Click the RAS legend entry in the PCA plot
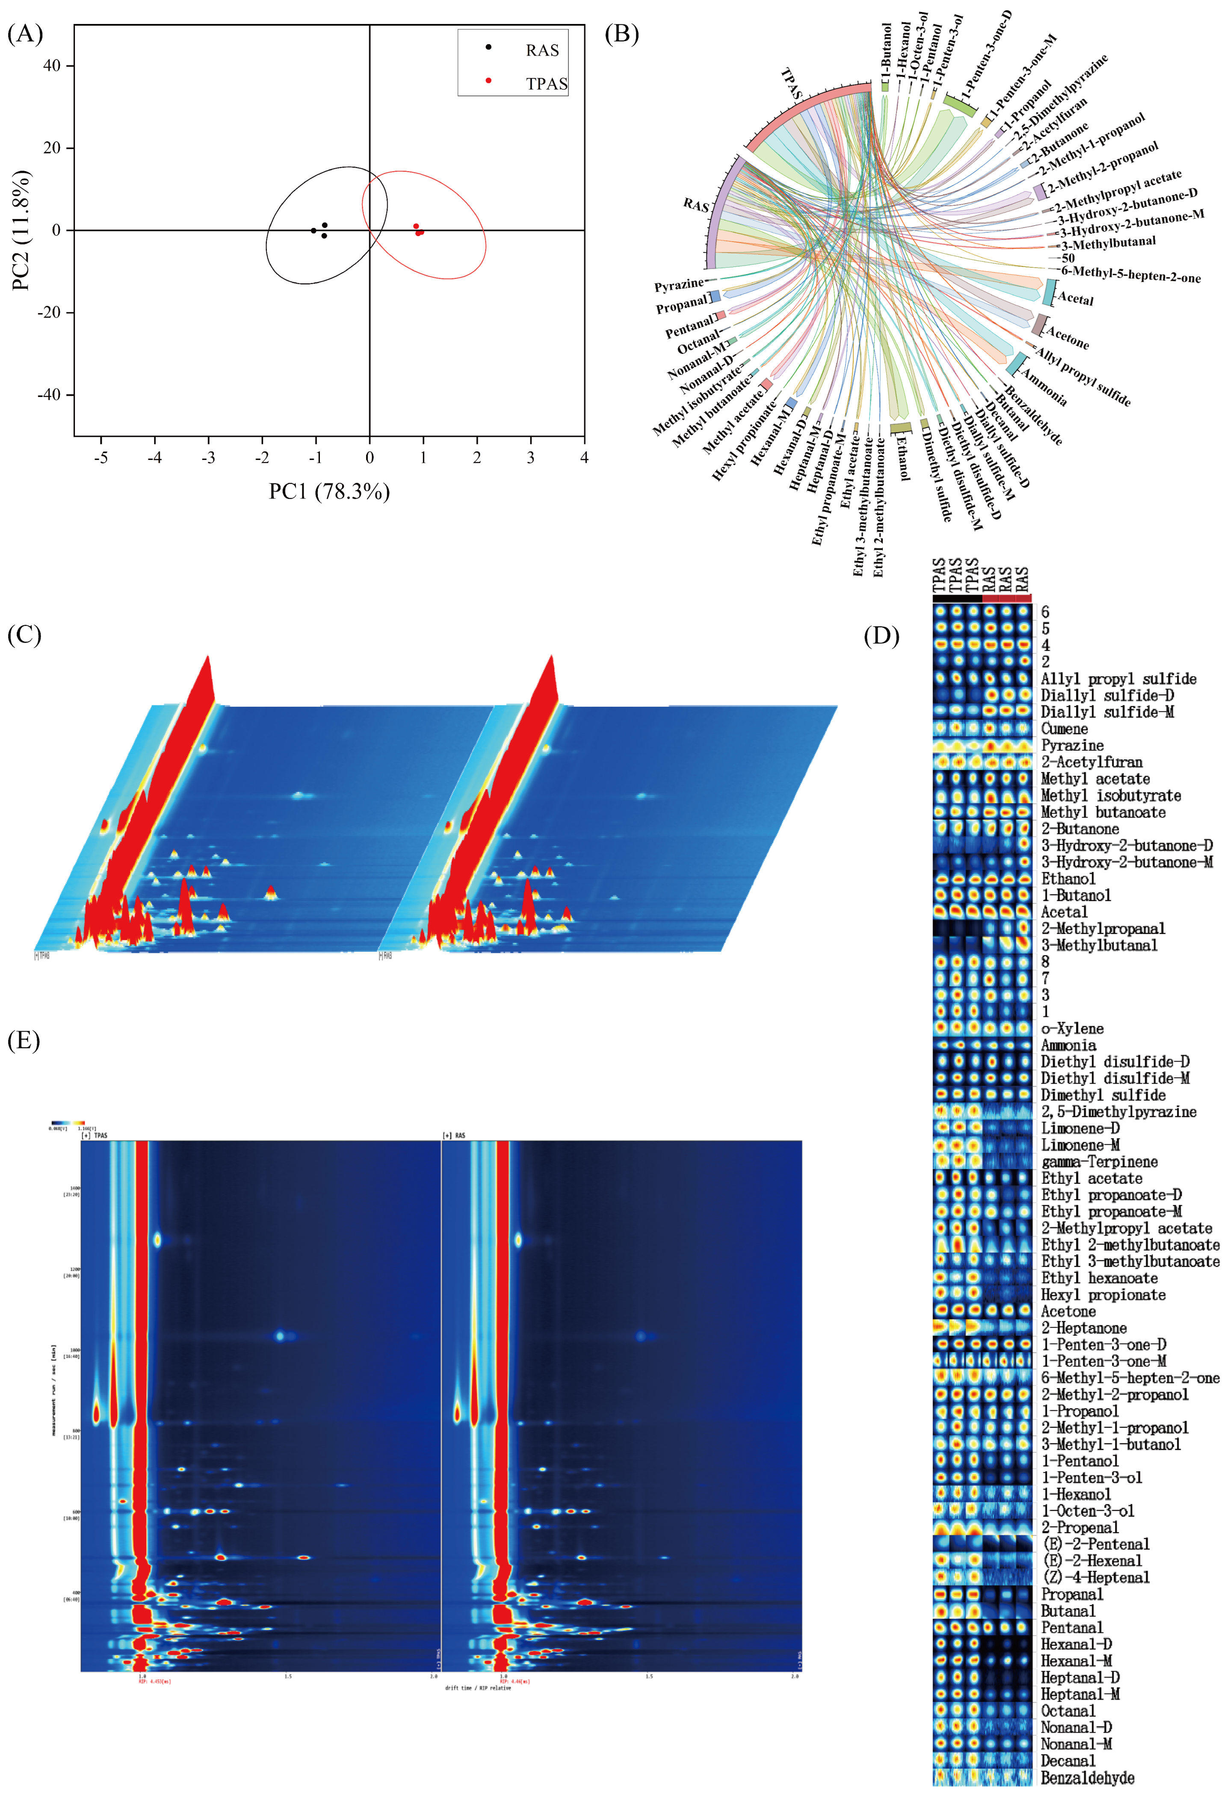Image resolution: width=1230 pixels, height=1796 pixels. click(x=541, y=50)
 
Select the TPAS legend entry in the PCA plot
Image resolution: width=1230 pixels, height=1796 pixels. click(x=546, y=83)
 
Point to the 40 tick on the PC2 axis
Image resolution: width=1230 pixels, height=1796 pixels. click(x=52, y=66)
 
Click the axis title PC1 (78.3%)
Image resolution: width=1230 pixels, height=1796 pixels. click(x=329, y=492)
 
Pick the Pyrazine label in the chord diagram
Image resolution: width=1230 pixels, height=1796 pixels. click(x=678, y=286)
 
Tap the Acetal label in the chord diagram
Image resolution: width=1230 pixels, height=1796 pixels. click(x=1076, y=298)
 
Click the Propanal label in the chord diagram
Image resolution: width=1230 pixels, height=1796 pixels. click(x=681, y=306)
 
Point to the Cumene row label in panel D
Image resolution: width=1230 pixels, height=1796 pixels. click(x=1064, y=729)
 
